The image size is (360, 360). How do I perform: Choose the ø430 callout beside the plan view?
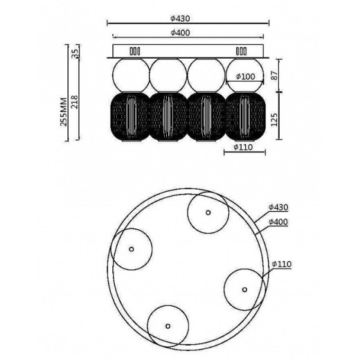point(279,207)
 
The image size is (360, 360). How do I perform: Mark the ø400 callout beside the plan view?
point(279,221)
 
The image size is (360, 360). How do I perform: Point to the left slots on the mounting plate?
point(134,51)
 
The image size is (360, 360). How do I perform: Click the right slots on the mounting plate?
point(242,51)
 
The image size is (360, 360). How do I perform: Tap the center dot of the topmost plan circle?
point(208,214)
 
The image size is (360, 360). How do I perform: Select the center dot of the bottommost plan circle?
point(167,325)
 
